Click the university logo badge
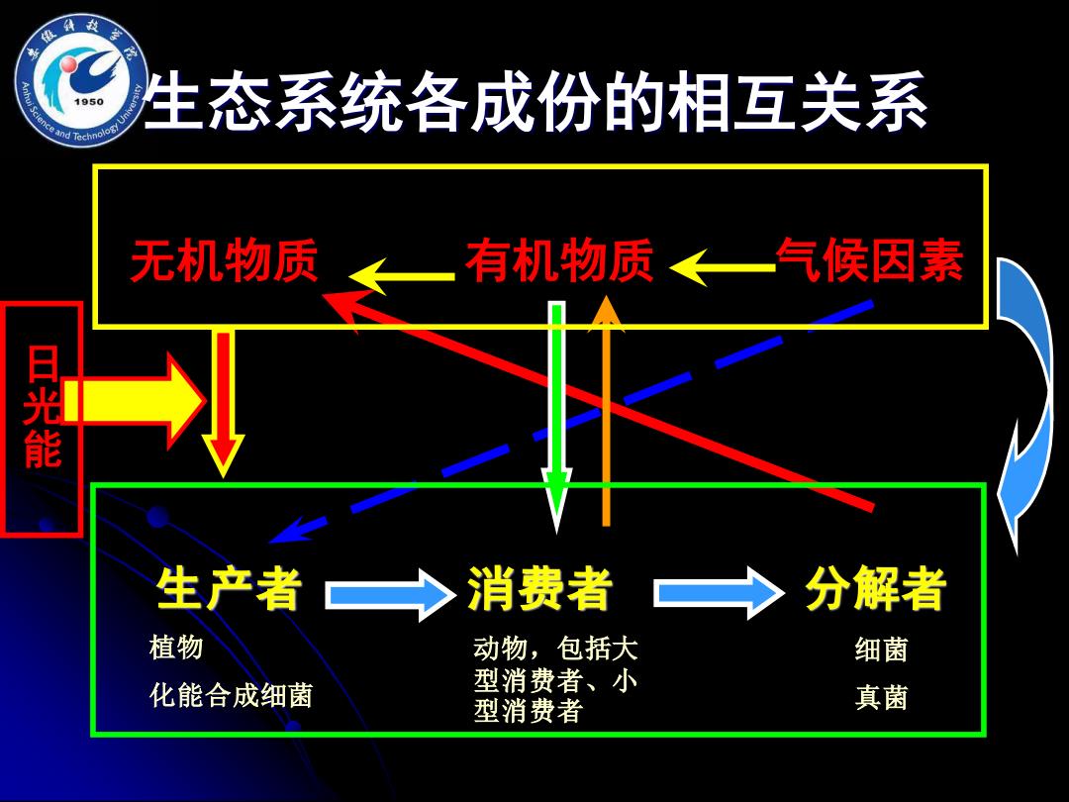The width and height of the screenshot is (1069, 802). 80,80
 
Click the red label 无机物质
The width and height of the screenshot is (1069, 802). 225,260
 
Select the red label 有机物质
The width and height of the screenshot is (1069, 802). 559,259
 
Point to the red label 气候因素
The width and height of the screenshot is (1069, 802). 870,259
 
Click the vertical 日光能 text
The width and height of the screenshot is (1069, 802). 43,407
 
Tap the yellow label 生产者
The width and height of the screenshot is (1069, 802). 229,588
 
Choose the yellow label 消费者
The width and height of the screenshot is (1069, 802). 540,588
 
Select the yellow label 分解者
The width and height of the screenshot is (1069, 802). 876,588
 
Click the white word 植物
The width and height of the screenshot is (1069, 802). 176,647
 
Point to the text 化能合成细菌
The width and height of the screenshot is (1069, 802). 231,696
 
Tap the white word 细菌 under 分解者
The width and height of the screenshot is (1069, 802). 881,650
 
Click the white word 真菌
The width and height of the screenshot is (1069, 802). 881,698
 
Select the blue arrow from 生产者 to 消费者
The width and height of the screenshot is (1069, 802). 390,594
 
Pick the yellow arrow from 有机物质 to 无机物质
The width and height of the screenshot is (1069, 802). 401,276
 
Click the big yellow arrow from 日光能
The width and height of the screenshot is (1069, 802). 133,400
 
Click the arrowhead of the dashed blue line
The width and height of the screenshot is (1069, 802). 286,531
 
